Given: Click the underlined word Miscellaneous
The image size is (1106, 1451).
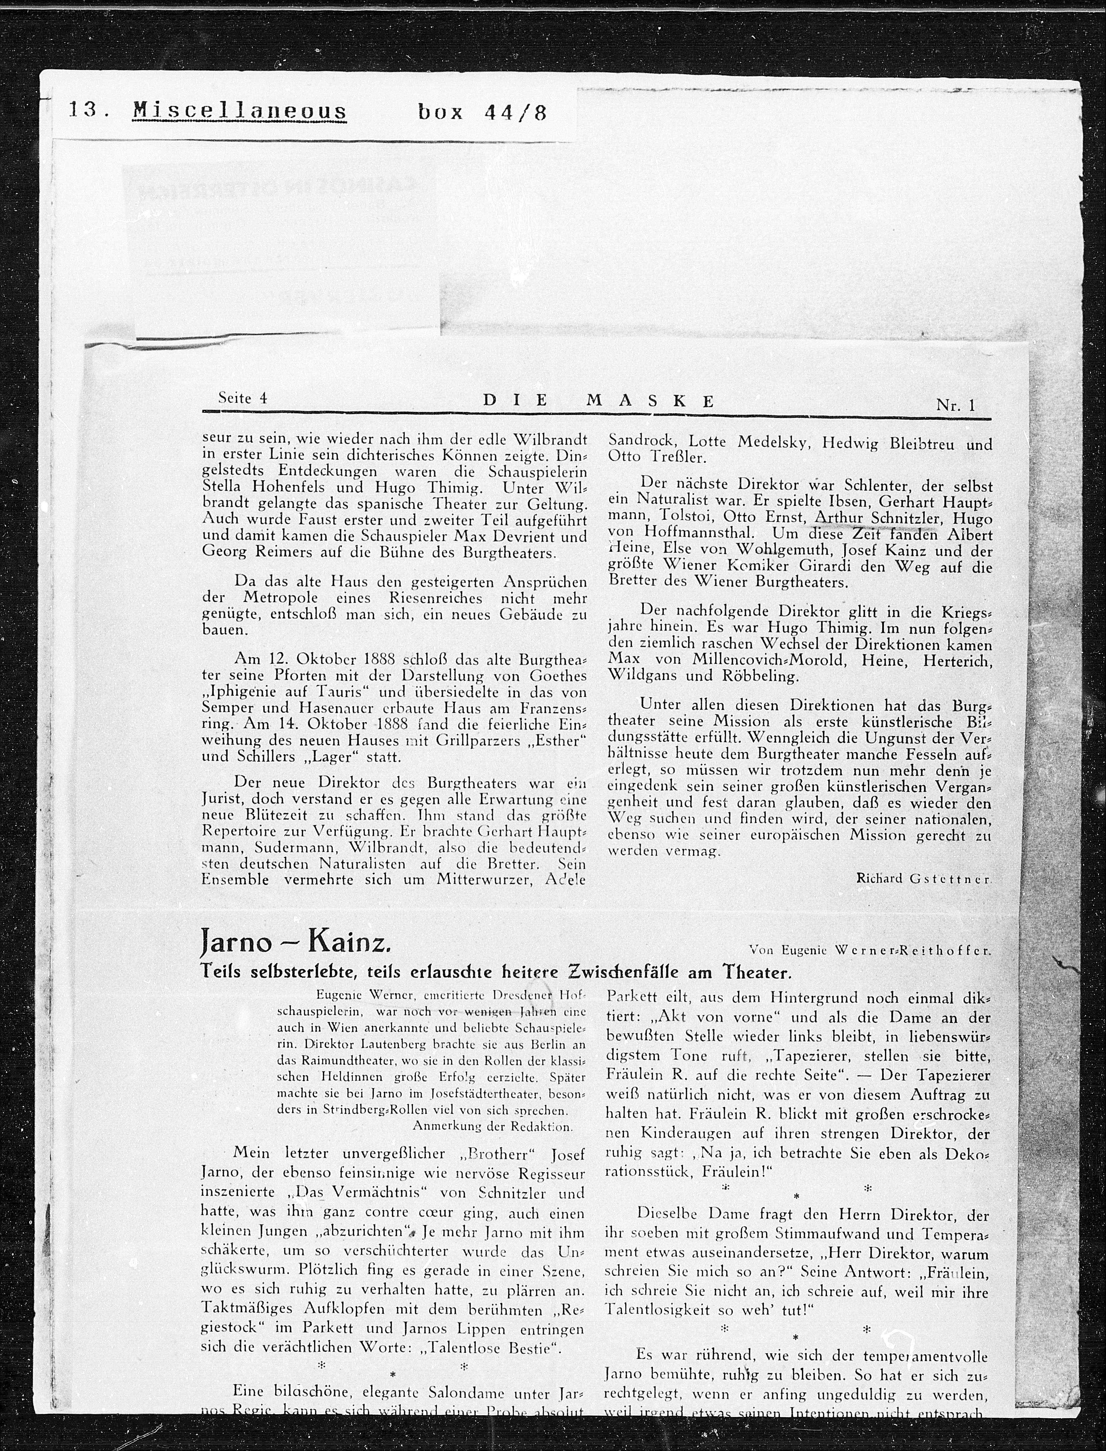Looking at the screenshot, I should [x=240, y=111].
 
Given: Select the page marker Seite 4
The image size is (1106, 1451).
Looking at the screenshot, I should [x=242, y=398].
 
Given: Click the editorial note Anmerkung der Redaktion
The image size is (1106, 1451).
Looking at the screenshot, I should [x=492, y=1126].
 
